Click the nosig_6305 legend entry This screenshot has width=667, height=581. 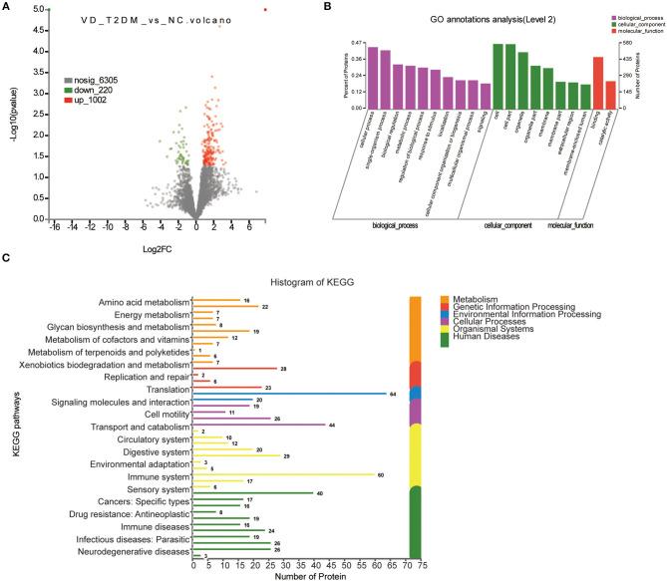point(91,78)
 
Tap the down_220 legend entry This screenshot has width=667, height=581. point(90,89)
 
